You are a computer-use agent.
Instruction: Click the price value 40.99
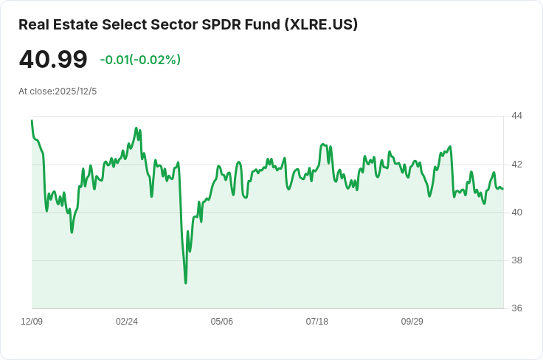(x=53, y=60)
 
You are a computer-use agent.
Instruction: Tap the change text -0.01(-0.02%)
(x=140, y=60)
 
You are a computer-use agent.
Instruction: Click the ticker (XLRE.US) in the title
(x=319, y=24)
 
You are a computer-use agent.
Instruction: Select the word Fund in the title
(x=258, y=24)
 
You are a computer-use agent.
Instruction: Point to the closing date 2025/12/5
(x=76, y=91)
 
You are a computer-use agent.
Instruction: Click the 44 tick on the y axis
(x=516, y=116)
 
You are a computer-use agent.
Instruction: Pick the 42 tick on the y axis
(x=516, y=164)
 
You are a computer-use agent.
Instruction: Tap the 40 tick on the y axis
(x=516, y=212)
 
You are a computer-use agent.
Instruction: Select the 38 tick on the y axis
(x=516, y=260)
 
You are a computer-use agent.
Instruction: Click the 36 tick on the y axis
(x=516, y=308)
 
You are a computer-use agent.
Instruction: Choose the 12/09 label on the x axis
(x=32, y=322)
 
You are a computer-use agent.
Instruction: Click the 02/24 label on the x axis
(x=127, y=322)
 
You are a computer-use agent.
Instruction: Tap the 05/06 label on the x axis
(x=222, y=322)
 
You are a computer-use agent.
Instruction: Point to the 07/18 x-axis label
(x=317, y=322)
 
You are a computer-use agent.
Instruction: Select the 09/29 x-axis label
(x=412, y=322)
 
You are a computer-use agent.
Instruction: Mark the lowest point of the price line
(x=186, y=283)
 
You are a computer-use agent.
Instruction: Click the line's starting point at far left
(x=32, y=120)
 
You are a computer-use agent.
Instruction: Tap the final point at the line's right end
(x=503, y=189)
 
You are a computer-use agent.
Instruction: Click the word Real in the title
(x=34, y=24)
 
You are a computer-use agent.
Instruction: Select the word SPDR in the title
(x=220, y=24)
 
